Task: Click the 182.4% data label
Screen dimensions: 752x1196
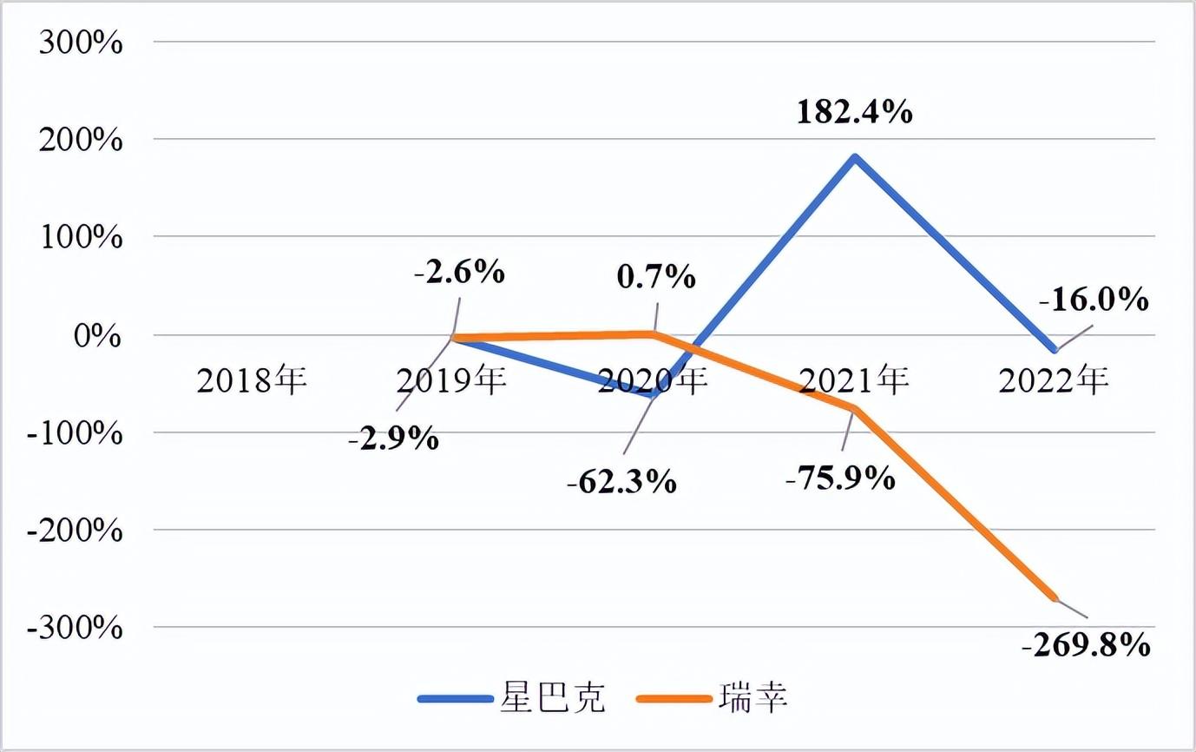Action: point(855,113)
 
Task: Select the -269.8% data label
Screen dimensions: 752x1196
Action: point(1088,646)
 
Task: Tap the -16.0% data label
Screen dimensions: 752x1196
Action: point(1095,300)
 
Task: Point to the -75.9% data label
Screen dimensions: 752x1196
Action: point(839,477)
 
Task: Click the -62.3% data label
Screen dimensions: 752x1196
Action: point(621,481)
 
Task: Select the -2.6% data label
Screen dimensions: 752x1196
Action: point(459,273)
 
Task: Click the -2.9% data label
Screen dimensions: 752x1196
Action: point(393,439)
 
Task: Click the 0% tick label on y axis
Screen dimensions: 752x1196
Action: point(95,335)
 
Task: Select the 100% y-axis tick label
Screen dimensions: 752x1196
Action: point(80,237)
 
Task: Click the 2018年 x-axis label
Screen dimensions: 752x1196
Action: point(252,380)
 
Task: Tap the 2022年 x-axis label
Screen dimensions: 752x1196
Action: point(1054,380)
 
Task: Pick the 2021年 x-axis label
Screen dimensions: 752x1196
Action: point(854,380)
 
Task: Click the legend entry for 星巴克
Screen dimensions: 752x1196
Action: point(512,698)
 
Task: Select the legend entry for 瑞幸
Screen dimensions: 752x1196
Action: point(713,698)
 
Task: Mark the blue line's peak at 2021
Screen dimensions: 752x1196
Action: point(855,157)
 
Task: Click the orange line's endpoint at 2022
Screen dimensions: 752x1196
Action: point(1055,597)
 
